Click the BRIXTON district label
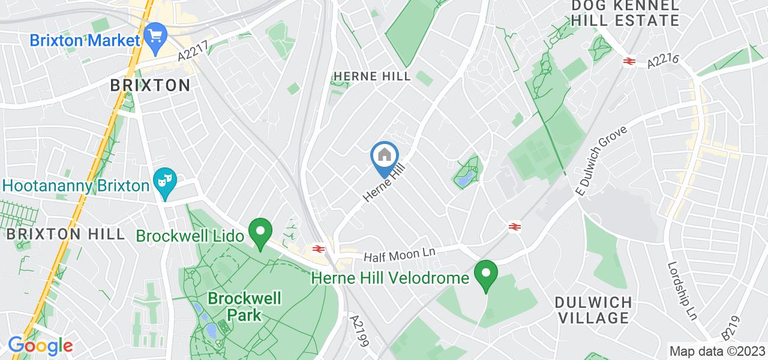[150, 85]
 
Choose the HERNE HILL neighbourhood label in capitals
[372, 76]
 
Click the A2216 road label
[664, 61]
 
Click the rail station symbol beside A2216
[629, 61]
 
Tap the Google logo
[40, 346]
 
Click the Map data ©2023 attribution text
[718, 351]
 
